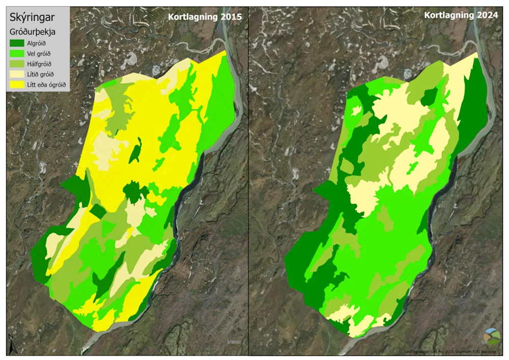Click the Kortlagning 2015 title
[205, 17]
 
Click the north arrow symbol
[11, 344]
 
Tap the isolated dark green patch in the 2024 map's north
[429, 96]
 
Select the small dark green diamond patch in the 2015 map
[98, 211]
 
